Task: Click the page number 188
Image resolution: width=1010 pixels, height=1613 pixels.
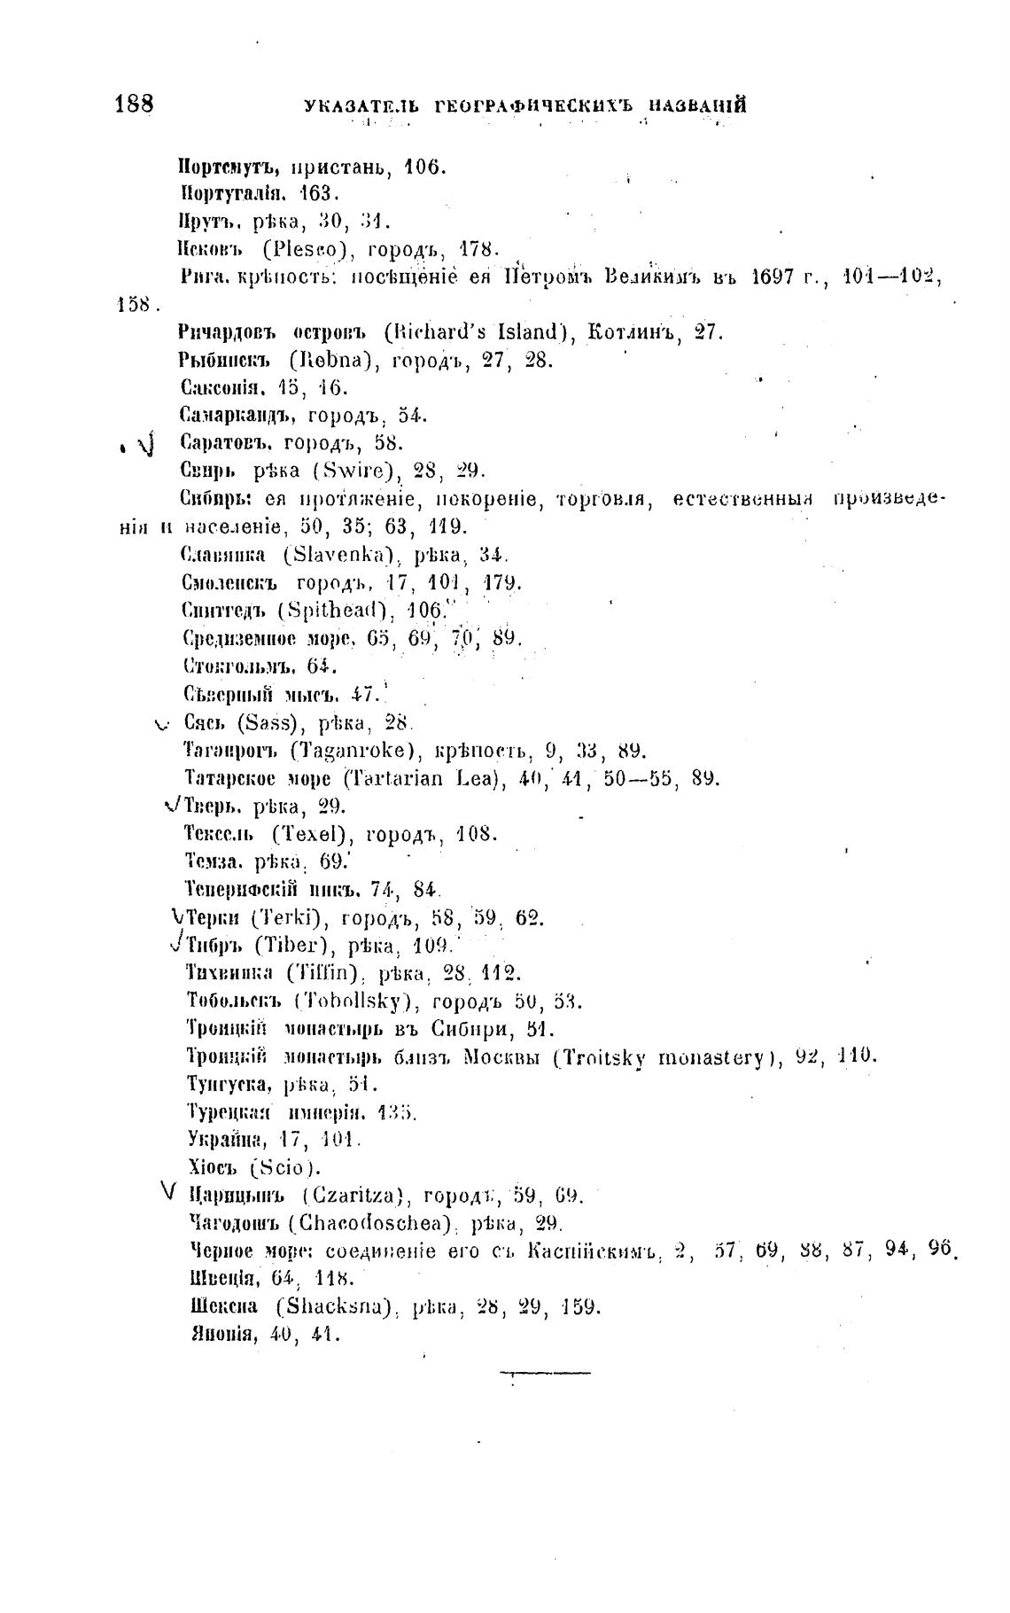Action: [x=134, y=103]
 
